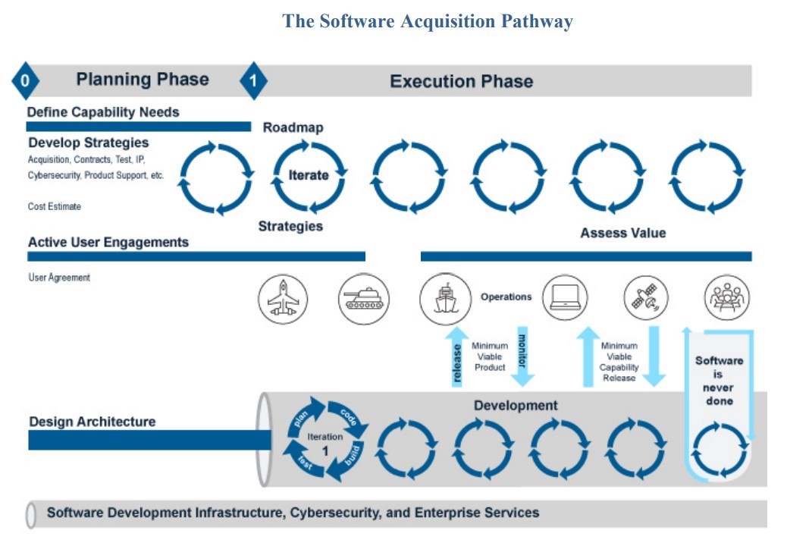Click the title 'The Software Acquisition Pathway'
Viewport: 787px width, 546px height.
(x=428, y=21)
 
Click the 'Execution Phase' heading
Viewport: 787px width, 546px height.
(x=461, y=81)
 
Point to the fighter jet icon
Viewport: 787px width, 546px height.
(x=283, y=299)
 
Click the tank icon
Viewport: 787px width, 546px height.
(x=363, y=299)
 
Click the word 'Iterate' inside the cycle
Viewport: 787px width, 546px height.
(x=309, y=175)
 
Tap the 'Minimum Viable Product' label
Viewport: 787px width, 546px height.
(x=489, y=356)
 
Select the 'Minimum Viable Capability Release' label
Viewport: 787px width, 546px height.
(x=619, y=362)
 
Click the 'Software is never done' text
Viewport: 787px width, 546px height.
(x=719, y=381)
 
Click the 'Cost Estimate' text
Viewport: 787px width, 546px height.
(x=55, y=206)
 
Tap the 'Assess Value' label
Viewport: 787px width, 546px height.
(x=622, y=233)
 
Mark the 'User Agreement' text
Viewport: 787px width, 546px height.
(x=59, y=278)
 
